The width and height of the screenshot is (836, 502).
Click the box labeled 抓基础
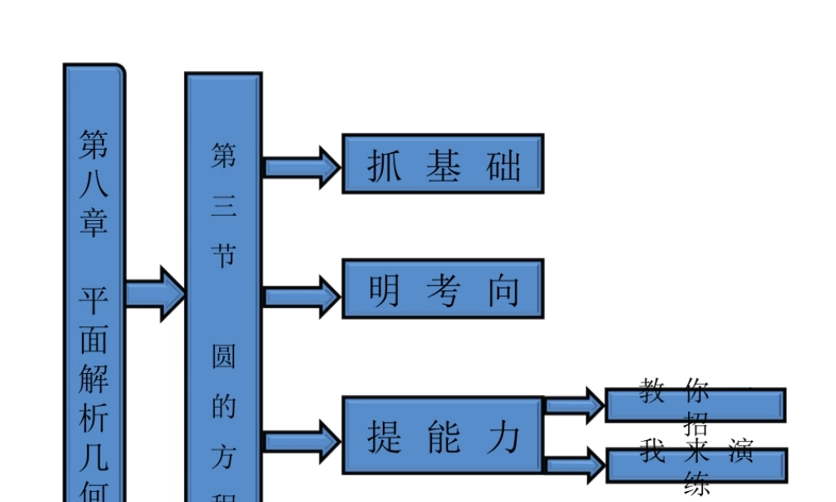click(x=443, y=164)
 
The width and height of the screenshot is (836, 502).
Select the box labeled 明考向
click(x=443, y=289)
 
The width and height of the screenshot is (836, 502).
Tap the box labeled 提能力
click(x=443, y=435)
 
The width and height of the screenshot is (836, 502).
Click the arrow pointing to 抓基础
click(x=302, y=166)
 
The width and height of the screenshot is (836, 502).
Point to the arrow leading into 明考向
click(x=302, y=296)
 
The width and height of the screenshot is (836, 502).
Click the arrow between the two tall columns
click(x=155, y=293)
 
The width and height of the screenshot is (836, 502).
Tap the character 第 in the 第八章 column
click(x=94, y=144)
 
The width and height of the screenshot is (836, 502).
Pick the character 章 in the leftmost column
click(x=94, y=222)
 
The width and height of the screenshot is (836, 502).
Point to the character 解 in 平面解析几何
click(x=94, y=377)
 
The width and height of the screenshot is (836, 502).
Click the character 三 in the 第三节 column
click(x=223, y=206)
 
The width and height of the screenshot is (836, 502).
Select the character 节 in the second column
click(x=223, y=255)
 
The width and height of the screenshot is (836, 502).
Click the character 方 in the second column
click(x=223, y=457)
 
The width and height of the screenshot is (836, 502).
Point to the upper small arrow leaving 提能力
click(x=574, y=406)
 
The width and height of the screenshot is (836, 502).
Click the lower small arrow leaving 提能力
click(x=574, y=464)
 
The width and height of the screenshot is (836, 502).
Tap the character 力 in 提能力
click(x=503, y=437)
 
